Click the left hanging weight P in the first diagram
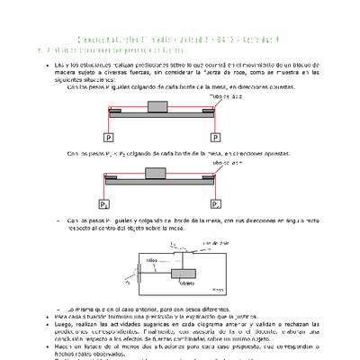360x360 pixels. coord(109,138)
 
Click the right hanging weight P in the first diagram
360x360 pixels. coord(215,138)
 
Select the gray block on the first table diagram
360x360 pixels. coord(162,107)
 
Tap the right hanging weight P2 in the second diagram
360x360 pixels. coord(215,204)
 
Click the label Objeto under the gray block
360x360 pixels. coord(188,283)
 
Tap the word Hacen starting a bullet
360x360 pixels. coord(66,346)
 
